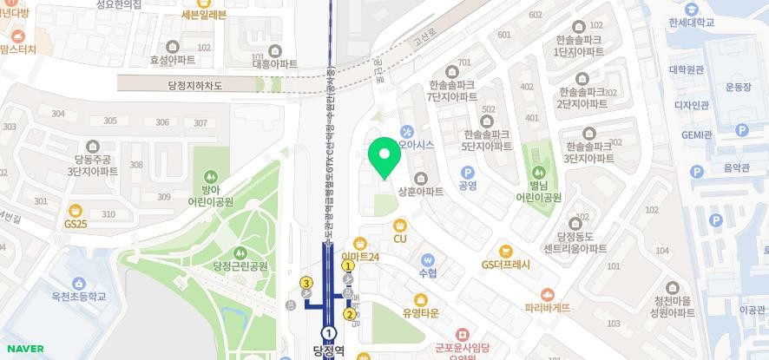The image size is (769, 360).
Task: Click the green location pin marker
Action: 384,156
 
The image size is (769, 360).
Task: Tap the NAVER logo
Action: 23,349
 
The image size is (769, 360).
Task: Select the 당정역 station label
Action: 329,351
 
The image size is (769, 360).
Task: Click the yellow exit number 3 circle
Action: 306,283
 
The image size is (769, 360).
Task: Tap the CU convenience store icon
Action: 400,226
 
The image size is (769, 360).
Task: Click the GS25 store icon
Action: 76,211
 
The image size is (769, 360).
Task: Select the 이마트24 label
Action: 361,257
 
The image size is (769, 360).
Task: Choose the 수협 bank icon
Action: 427,259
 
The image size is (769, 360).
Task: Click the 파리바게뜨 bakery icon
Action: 547,295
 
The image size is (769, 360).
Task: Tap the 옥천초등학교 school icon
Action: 79,284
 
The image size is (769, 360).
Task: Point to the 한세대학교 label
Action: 692,23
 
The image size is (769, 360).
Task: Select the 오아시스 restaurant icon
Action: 406,132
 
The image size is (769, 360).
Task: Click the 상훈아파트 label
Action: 420,191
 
